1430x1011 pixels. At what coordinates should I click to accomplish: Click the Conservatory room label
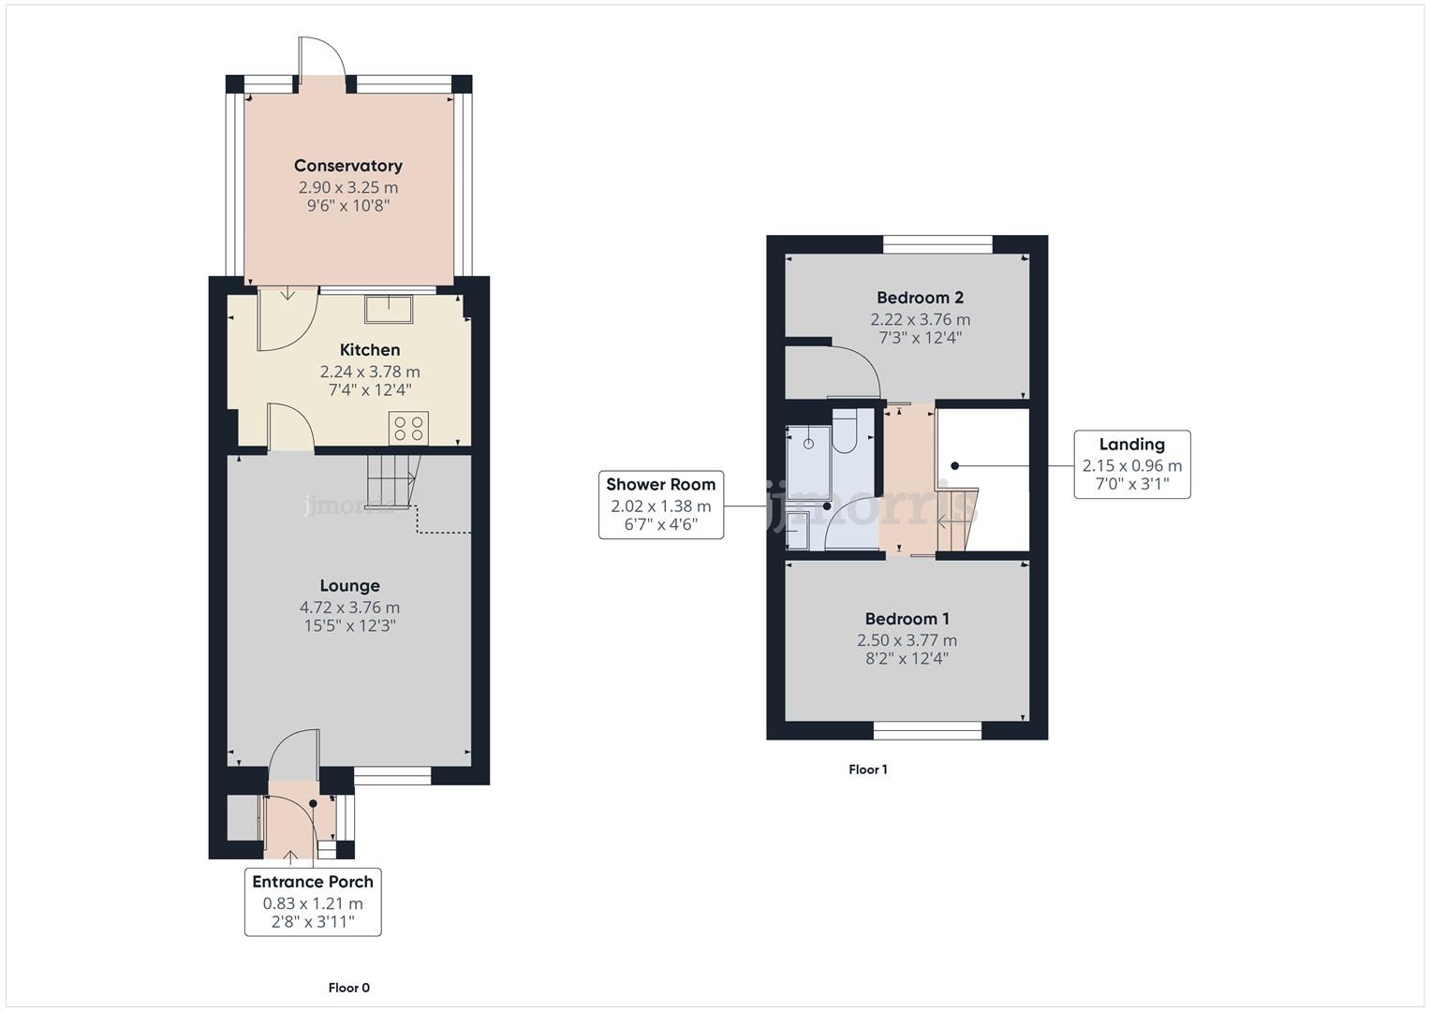[x=348, y=166]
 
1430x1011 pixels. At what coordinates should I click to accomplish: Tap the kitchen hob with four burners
[x=408, y=428]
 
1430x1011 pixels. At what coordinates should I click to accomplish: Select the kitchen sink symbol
[x=389, y=309]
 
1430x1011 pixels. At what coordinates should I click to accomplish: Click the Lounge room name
[x=350, y=585]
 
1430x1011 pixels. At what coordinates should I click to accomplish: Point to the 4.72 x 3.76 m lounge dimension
[x=350, y=607]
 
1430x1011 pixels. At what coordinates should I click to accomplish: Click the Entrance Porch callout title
[x=313, y=882]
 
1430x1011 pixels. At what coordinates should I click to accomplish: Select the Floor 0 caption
[x=348, y=988]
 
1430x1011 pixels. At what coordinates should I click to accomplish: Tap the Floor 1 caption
[x=867, y=769]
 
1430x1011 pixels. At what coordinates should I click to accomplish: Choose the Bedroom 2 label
[x=920, y=298]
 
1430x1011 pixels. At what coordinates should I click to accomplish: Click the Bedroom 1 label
[x=907, y=619]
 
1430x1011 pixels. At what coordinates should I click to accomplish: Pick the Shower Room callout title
[x=661, y=485]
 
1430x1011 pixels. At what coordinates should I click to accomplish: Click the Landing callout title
[x=1132, y=445]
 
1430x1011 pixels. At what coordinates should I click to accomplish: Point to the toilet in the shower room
[x=844, y=431]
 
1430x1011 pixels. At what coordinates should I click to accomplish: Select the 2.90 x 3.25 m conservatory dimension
[x=348, y=187]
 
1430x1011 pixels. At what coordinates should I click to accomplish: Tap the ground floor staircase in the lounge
[x=391, y=481]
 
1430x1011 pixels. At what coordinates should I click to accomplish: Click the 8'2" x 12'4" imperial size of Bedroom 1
[x=907, y=658]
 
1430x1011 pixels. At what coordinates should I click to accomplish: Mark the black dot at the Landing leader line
[x=954, y=466]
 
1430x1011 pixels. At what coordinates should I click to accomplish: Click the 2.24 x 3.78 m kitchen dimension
[x=370, y=372]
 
